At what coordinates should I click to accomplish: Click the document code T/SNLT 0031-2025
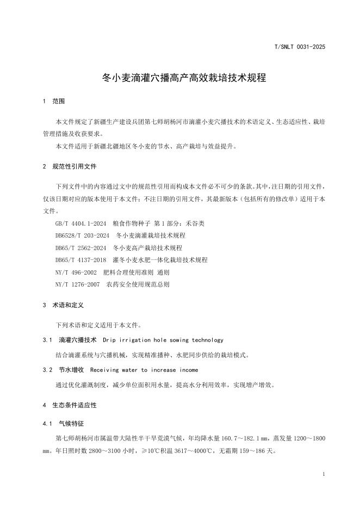tap(300, 47)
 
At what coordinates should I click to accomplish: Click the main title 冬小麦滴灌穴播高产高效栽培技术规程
tap(184, 78)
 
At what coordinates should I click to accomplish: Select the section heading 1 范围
tap(54, 101)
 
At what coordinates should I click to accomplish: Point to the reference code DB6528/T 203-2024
tap(83, 235)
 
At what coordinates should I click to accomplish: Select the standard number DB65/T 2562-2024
tap(80, 248)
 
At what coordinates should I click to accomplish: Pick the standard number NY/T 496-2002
tap(76, 272)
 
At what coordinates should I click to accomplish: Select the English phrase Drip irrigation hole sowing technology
tap(163, 340)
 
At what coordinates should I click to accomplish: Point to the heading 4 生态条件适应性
tap(69, 405)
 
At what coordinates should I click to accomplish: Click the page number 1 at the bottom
tap(324, 475)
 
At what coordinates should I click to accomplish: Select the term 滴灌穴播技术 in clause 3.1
tap(77, 340)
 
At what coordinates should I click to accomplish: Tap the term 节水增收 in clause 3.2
tap(71, 370)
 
